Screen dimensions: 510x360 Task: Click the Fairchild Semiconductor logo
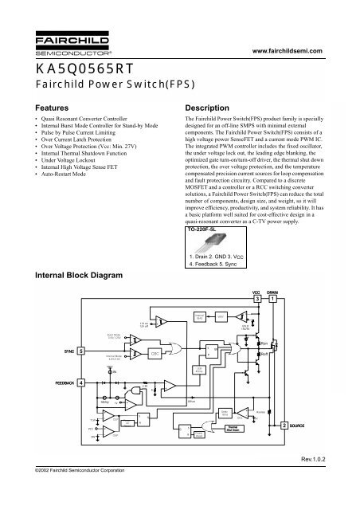[47, 41]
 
